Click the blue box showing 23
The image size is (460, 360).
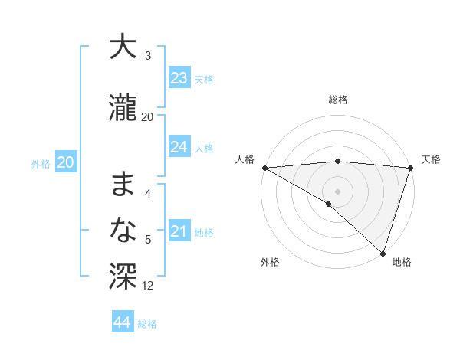click(x=179, y=78)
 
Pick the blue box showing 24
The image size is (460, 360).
click(x=179, y=147)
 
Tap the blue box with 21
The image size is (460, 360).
click(x=179, y=231)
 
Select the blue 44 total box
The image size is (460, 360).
click(x=123, y=322)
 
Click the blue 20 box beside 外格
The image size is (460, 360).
click(x=66, y=162)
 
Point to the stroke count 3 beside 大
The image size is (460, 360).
click(x=148, y=56)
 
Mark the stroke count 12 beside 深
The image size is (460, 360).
click(x=148, y=286)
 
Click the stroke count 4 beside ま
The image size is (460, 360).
click(x=148, y=194)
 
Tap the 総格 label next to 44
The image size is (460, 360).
click(x=147, y=324)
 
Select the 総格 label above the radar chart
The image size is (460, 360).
click(x=338, y=100)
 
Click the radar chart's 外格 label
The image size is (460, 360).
click(x=270, y=262)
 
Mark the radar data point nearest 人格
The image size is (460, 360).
click(x=264, y=168)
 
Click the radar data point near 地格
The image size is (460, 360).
click(x=383, y=253)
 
